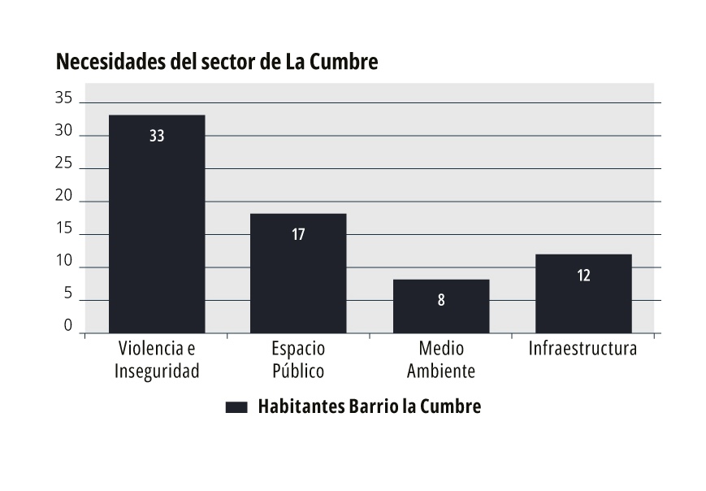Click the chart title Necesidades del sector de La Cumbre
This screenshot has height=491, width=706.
point(217,63)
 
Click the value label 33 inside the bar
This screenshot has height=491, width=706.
point(157,137)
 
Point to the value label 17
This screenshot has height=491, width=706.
point(298,235)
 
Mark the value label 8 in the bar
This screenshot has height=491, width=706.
point(441,300)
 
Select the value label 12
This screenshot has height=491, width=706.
point(583,276)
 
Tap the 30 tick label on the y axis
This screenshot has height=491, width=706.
point(64,132)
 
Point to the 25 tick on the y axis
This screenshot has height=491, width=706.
point(64,164)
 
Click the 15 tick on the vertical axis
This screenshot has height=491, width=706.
point(64,230)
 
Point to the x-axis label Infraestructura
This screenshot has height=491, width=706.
point(583,350)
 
